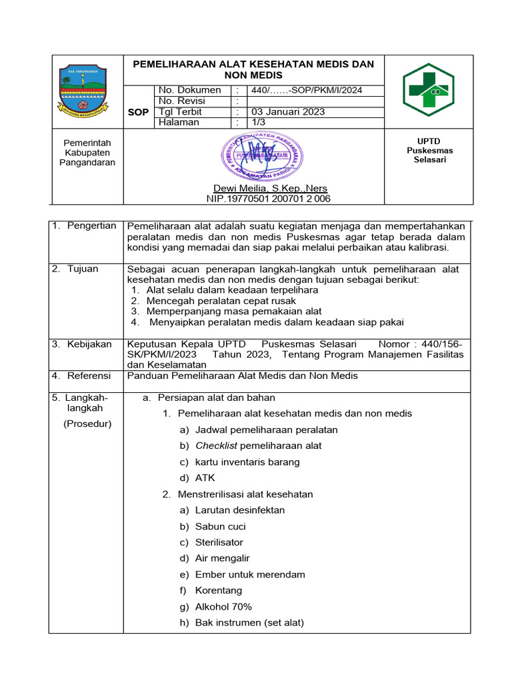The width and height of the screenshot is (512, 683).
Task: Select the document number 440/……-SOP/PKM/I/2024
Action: point(307,91)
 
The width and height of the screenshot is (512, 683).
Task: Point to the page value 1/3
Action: point(257,123)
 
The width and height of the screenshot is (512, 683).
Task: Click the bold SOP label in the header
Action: point(137,113)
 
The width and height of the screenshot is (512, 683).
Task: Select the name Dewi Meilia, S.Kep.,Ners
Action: point(270,188)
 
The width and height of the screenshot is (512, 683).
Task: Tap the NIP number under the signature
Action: point(269,199)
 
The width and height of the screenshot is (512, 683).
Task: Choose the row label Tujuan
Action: point(83,269)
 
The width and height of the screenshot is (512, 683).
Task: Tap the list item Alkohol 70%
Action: point(223,607)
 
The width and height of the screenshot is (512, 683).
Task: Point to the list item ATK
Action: point(205,478)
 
